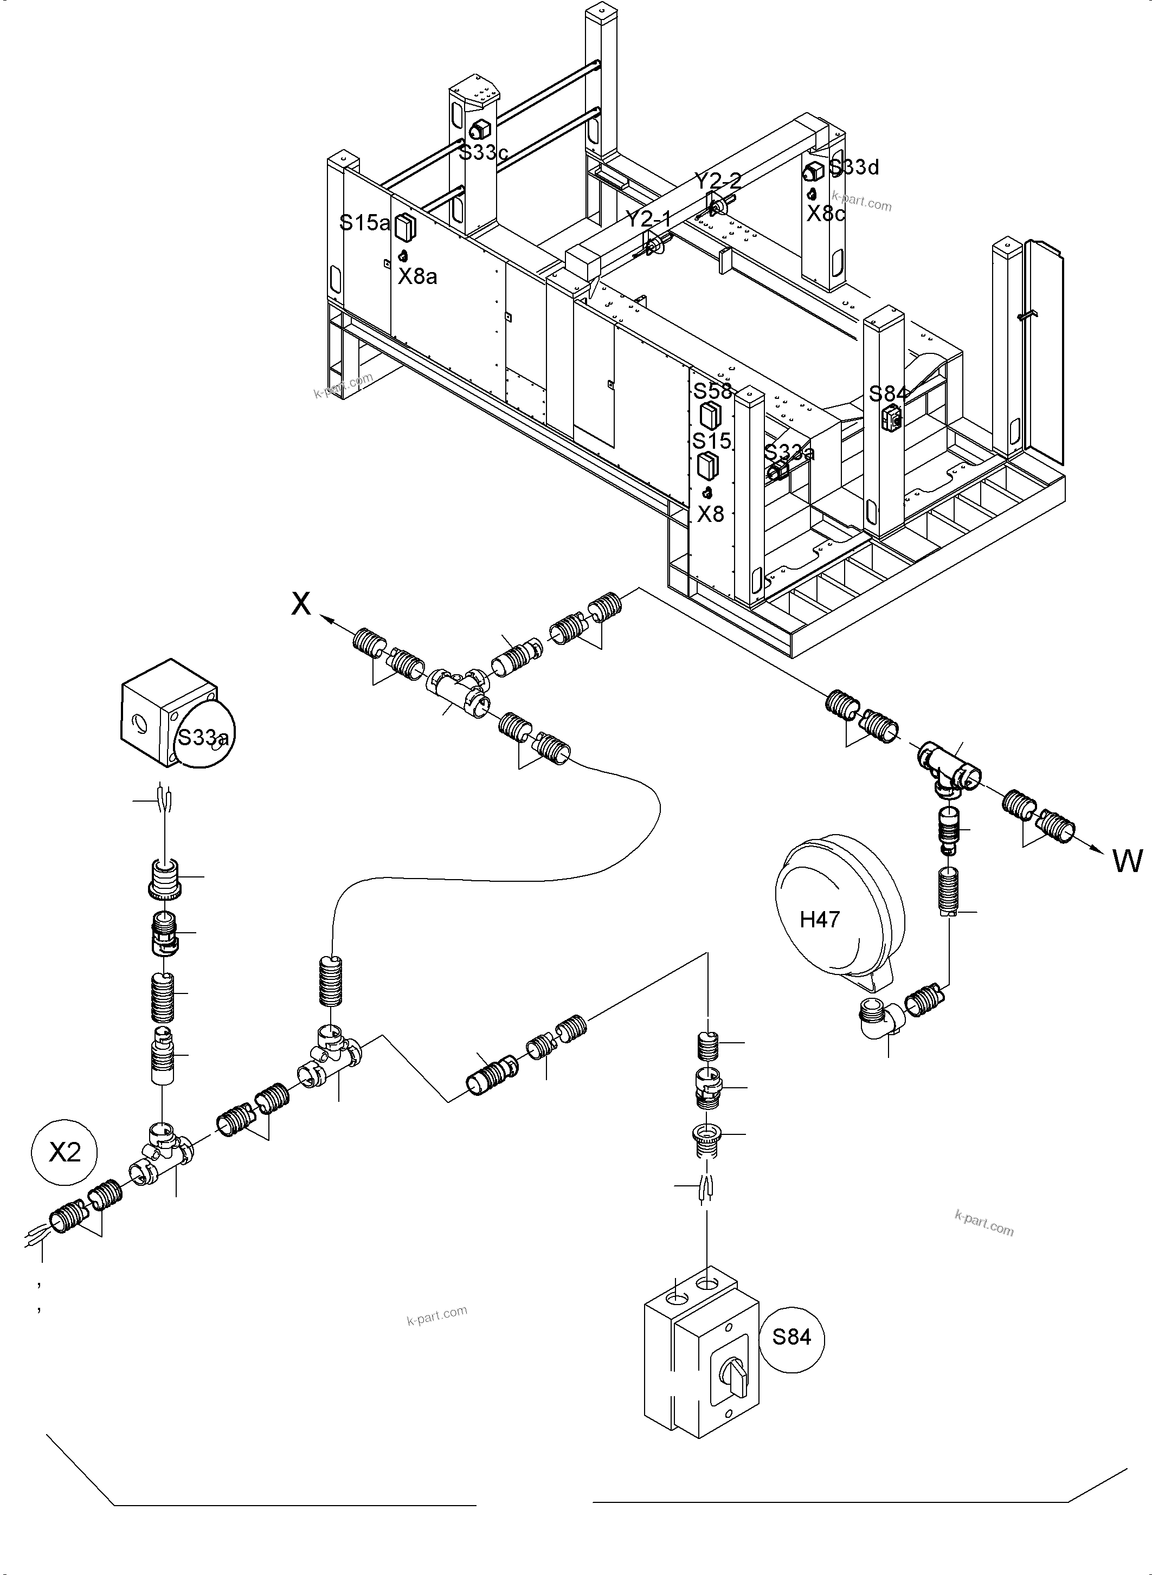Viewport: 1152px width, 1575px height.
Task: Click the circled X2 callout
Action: (x=65, y=1152)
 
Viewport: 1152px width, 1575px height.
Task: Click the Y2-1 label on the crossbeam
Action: (x=648, y=219)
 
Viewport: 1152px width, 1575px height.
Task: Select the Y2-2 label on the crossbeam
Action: (x=718, y=181)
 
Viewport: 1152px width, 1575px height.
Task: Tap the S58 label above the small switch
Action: (x=712, y=390)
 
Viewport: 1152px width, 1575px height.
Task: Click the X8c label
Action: (x=825, y=214)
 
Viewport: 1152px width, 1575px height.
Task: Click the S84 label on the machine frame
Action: (x=887, y=394)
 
